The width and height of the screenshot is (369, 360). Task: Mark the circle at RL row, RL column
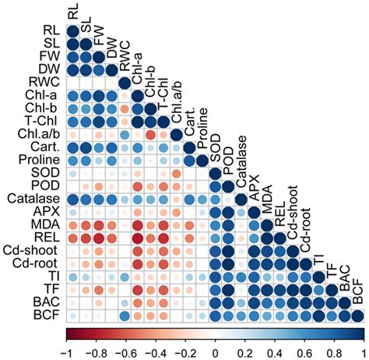pyautogui.click(x=72, y=30)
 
